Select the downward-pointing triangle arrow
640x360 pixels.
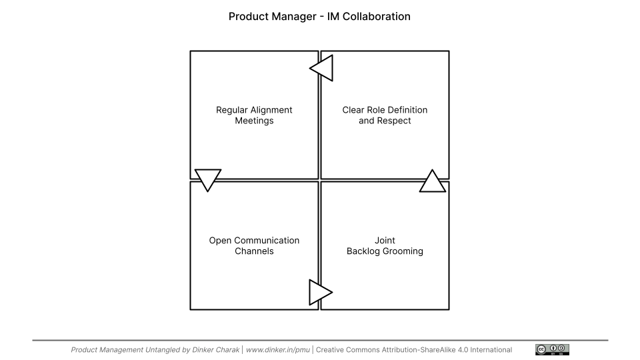[208, 179]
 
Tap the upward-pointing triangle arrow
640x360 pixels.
[432, 183]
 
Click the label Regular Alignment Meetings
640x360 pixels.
[254, 115]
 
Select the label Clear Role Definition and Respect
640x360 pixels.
[385, 115]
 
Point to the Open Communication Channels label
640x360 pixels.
[254, 246]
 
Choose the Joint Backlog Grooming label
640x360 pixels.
[385, 246]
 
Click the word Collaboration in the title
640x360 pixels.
[376, 16]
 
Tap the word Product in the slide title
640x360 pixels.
[246, 16]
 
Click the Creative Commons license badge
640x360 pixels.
[552, 349]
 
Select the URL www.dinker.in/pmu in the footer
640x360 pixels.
[278, 350]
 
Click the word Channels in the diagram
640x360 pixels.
[254, 251]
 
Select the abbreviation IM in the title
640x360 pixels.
[333, 16]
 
